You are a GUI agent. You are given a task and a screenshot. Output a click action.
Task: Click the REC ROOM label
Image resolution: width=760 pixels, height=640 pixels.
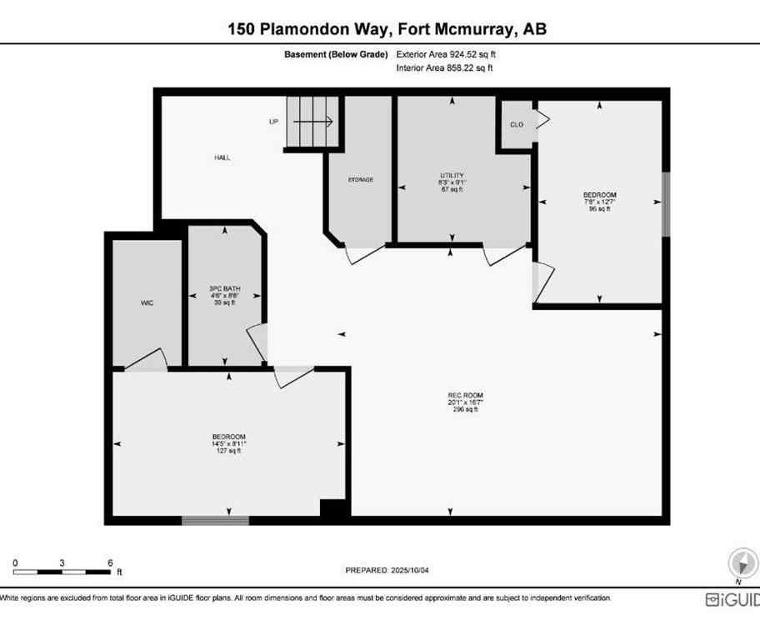pos(465,396)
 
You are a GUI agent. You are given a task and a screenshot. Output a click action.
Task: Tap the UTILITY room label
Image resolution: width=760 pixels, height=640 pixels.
pos(452,176)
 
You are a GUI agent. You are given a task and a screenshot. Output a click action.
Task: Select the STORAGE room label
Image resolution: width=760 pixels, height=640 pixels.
pos(360,180)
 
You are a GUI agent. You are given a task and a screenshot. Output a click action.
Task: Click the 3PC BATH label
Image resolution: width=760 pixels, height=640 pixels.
pos(224,289)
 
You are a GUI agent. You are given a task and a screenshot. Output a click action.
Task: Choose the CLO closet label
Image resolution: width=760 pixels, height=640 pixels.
pos(517,124)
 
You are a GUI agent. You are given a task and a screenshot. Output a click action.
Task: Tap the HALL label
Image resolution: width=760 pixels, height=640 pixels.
pos(222,157)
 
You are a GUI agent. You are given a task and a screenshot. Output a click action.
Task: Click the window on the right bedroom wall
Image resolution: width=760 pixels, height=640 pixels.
pos(665,204)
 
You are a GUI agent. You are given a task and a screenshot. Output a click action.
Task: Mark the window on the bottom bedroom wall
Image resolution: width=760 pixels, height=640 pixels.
pos(215,521)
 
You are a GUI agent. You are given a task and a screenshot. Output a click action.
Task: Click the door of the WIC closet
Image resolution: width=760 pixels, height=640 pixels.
pos(147,361)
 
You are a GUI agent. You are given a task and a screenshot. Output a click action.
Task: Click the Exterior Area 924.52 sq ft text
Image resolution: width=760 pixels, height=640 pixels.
pos(451,54)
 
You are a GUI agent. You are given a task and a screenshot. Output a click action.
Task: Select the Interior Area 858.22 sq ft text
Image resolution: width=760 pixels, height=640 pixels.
pos(444,68)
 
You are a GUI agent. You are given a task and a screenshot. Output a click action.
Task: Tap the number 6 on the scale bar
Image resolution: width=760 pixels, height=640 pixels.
pos(110,562)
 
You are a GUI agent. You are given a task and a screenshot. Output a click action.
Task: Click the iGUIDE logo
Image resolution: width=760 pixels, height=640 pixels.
pos(732,599)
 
